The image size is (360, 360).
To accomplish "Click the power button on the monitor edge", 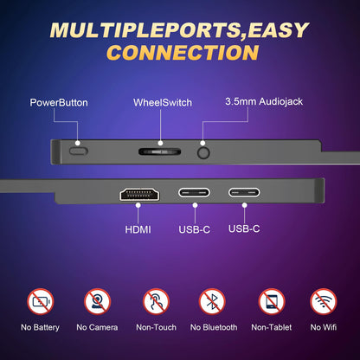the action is coord(79,151).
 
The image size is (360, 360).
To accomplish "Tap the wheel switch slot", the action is coord(159,151).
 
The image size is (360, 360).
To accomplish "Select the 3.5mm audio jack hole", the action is coord(203,152).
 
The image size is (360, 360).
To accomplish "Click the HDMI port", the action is coord(139,194).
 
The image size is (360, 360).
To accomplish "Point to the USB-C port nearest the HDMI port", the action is coord(194,192).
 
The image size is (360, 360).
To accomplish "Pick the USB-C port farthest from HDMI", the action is coord(244,192).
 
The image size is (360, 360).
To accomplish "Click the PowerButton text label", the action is coord(59,103).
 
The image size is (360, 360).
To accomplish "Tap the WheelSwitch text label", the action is coord(163,103).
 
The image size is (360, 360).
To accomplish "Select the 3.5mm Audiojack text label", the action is coord(264,102).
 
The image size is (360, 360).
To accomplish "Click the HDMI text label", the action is coord(138,229).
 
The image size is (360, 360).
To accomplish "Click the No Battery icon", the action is coord(41,302).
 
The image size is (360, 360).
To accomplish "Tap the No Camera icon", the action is coord(98,302).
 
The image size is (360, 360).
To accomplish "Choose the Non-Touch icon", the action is coord(156,302).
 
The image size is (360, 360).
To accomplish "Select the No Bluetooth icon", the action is coord(212,302).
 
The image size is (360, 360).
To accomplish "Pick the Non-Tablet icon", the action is coord(272,302).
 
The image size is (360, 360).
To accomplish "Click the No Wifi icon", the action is coord(324,302).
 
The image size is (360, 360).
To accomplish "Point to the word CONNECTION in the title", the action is coord(183,53).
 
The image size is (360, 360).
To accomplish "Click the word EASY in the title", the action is coord(278,30).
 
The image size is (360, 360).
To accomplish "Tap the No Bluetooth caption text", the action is coord(214,327).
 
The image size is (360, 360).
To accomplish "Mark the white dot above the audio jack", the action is coord(202,143).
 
